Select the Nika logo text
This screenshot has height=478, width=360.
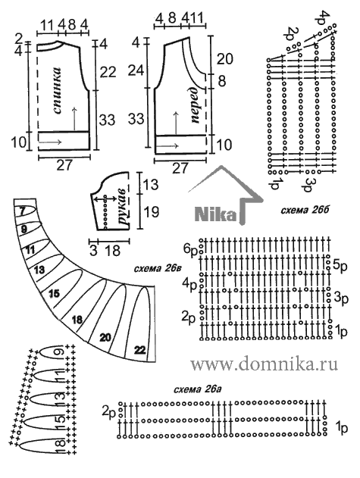click(x=215, y=214)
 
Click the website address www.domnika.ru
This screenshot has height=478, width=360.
click(x=265, y=364)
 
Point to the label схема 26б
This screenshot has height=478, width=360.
click(x=305, y=210)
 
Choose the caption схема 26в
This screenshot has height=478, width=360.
click(x=158, y=269)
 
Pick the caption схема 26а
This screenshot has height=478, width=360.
click(x=197, y=389)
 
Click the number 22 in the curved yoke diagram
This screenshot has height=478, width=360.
click(x=139, y=350)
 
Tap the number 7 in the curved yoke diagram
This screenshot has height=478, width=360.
click(x=22, y=211)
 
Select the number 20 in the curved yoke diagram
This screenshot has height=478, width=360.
click(x=105, y=337)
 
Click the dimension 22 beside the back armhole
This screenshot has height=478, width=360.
click(x=108, y=72)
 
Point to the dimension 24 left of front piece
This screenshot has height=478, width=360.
click(x=136, y=70)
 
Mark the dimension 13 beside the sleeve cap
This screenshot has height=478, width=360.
click(x=150, y=184)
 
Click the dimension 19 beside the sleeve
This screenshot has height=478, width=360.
click(x=151, y=211)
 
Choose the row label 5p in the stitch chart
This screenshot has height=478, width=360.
click(x=340, y=265)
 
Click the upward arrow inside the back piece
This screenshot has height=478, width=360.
click(x=74, y=120)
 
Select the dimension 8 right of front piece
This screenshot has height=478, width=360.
click(x=222, y=81)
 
